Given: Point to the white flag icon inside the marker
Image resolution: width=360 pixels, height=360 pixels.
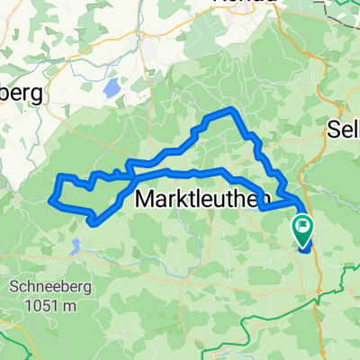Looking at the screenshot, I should click(303, 228).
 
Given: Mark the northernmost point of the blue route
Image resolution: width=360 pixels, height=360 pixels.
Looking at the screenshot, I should click(232, 109).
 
